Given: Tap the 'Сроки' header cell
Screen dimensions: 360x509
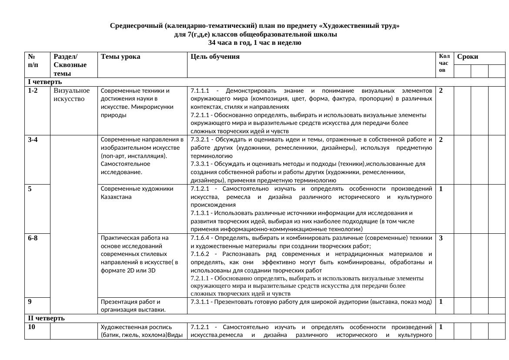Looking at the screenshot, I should [468, 57].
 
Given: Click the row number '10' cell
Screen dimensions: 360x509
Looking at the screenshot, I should [31, 326].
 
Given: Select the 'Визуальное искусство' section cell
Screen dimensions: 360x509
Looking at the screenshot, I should [71, 95].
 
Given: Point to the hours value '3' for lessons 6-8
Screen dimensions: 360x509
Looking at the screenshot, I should [441, 238].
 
